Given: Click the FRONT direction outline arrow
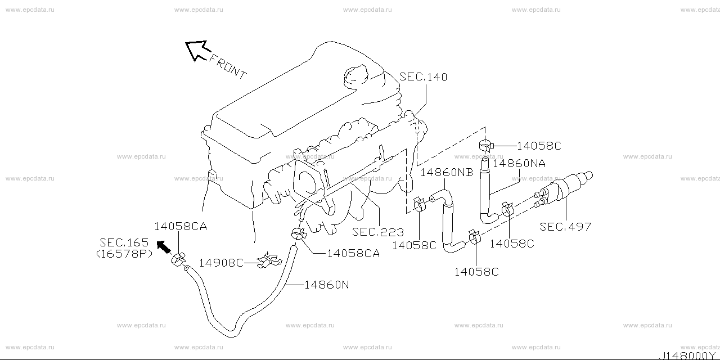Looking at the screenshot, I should click(x=197, y=50).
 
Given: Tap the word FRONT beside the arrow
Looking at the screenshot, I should click(x=228, y=66).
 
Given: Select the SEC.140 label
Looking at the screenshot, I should click(x=424, y=77).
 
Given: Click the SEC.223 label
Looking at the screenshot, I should click(x=378, y=232).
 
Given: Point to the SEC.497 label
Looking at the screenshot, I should click(x=565, y=227).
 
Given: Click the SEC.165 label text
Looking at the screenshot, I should click(x=124, y=243).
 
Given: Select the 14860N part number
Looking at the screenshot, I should click(x=326, y=285).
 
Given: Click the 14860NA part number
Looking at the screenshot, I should click(x=519, y=164).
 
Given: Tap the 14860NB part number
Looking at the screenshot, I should click(x=447, y=172).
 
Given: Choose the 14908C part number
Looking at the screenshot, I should click(x=221, y=262).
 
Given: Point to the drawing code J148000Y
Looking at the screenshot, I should click(x=689, y=355).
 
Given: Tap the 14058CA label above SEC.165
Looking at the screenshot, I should click(x=181, y=227).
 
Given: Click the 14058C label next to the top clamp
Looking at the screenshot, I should click(x=538, y=146).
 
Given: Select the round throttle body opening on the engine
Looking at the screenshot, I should click(x=308, y=180).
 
